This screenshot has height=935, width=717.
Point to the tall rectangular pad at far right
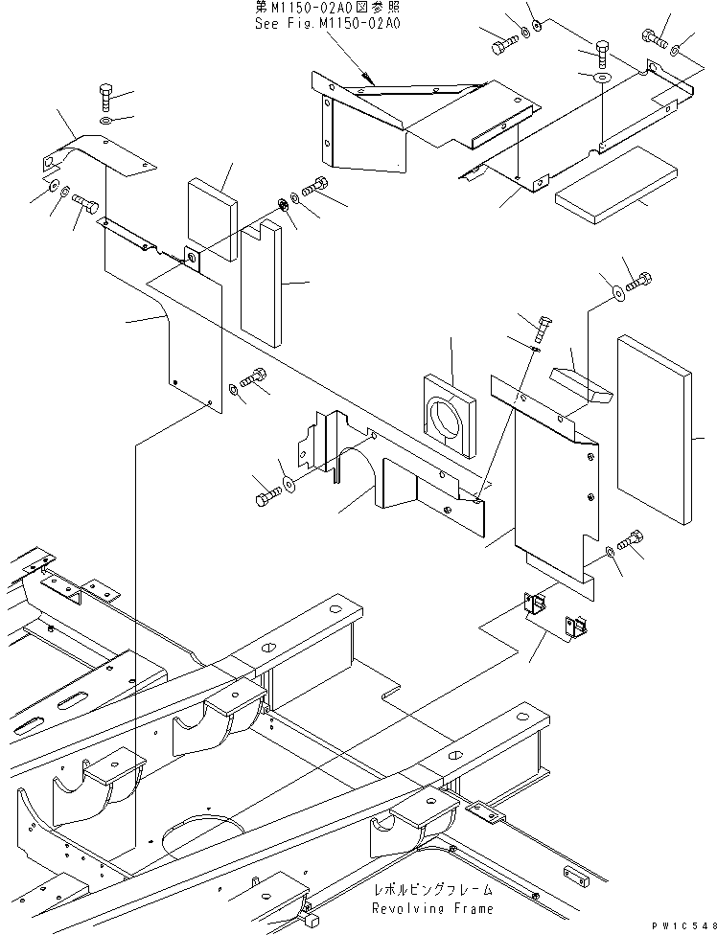[656, 429]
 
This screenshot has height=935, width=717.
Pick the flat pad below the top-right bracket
[603, 186]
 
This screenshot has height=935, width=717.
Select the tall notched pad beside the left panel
[264, 284]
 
